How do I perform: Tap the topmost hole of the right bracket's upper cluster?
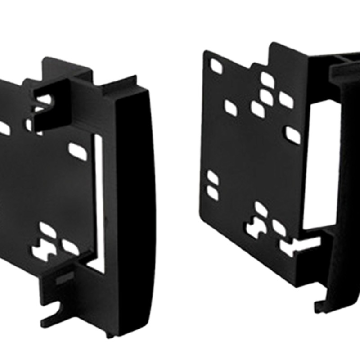click(267, 80)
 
